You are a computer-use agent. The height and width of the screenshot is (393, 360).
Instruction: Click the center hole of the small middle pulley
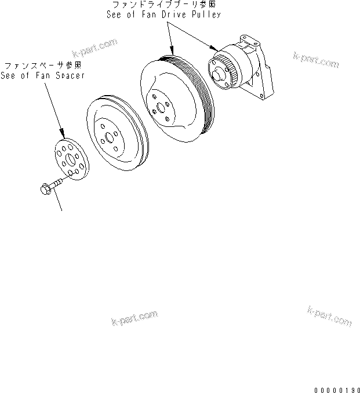point(108,140)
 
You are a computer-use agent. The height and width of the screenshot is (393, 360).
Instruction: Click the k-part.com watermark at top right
point(317,59)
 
